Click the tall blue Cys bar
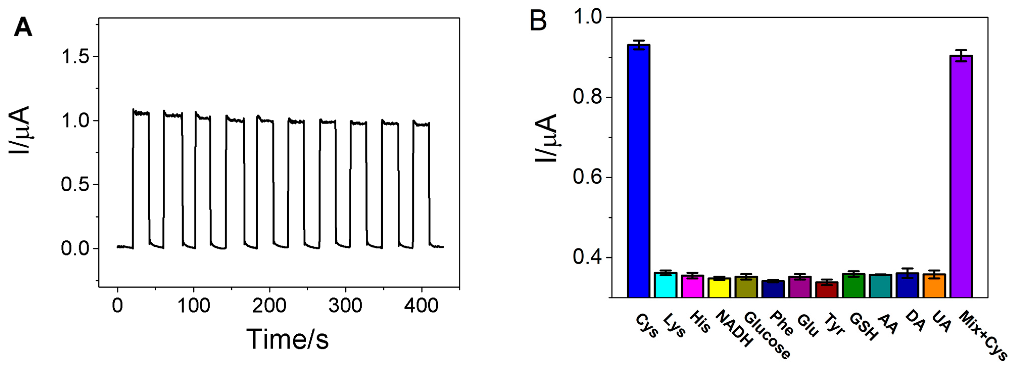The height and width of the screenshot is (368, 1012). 638,171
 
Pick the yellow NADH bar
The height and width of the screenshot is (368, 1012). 719,288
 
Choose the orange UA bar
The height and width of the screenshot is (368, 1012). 934,286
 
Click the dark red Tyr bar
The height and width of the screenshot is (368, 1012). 827,290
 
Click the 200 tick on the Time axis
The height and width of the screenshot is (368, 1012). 269,306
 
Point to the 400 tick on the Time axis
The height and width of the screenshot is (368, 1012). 421,306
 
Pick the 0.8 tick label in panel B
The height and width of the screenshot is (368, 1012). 587,97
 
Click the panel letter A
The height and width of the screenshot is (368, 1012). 23,28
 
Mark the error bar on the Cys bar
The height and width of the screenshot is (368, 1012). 638,45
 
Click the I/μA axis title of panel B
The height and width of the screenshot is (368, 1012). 547,137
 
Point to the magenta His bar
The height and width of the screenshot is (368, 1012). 692,286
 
